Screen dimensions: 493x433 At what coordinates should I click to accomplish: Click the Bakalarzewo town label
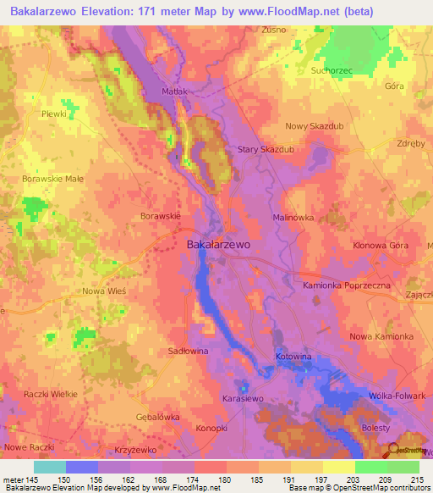217,244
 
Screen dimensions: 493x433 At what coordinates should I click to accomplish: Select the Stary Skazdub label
271,149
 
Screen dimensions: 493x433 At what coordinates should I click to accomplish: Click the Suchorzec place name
331,70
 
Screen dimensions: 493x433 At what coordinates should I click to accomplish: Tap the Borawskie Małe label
52,180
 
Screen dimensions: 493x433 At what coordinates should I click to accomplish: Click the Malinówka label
293,218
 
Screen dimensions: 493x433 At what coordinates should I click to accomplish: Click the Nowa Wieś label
104,291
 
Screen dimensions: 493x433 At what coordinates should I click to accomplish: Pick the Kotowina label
293,357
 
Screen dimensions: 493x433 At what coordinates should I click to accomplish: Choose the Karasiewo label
244,396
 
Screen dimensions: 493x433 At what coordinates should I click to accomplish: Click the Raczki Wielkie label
51,395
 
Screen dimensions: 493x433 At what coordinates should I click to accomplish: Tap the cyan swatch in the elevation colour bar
50,467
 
